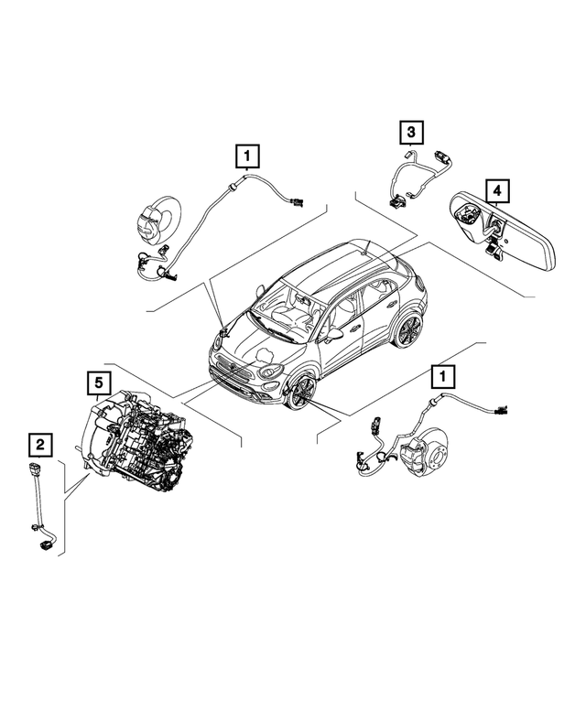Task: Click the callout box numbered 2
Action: [39, 445]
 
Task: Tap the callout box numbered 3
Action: [411, 134]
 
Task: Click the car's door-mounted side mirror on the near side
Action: [334, 336]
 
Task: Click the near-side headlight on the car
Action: [269, 372]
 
